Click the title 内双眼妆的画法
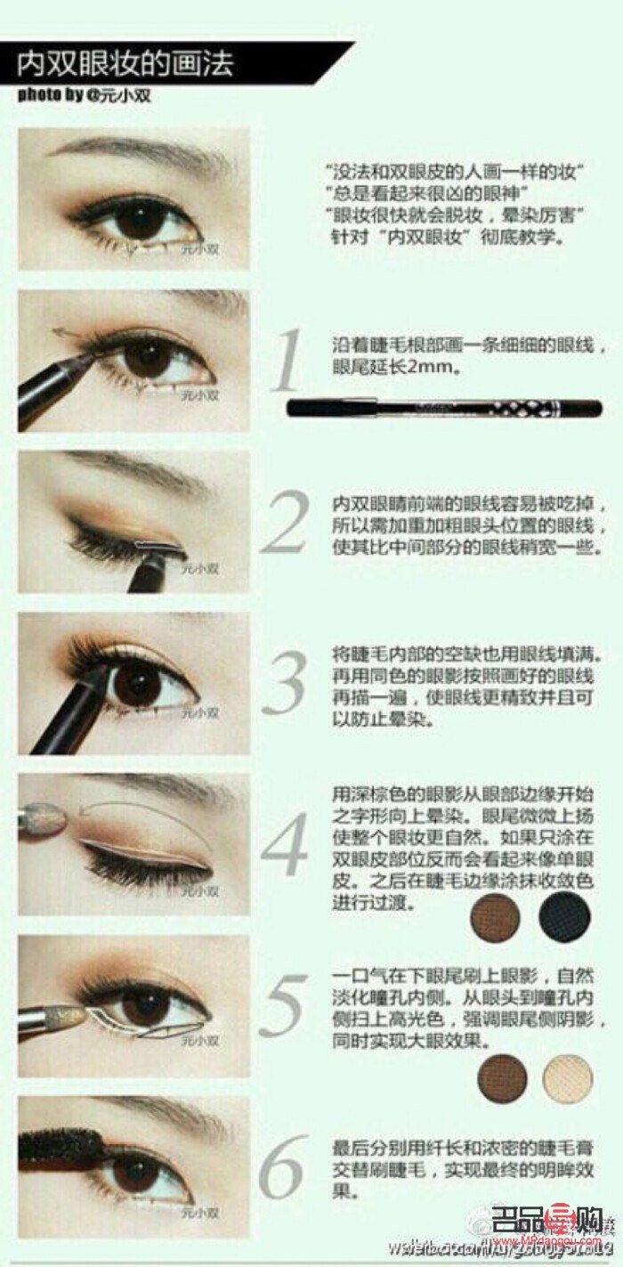coord(125,65)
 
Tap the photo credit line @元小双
coord(85,95)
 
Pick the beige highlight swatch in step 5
coord(567,1078)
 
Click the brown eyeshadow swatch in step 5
coord(502,1078)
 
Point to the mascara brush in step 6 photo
coord(62,1141)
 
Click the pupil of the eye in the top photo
coord(138,223)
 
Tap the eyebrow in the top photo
coord(151,146)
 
